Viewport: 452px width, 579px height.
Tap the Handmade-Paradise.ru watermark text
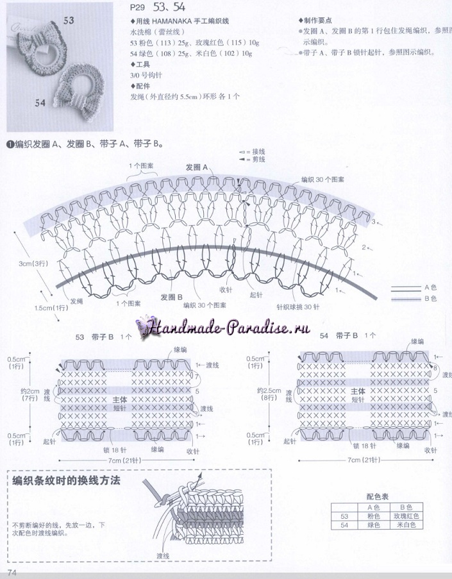(x=228, y=328)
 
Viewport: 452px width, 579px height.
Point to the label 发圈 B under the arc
(x=172, y=297)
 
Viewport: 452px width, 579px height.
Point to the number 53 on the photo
(x=69, y=20)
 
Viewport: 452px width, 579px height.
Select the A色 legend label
(x=431, y=288)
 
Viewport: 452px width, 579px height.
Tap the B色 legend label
(x=431, y=299)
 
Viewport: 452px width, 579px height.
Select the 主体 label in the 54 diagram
(x=358, y=390)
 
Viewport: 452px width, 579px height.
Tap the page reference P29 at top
(x=137, y=8)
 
